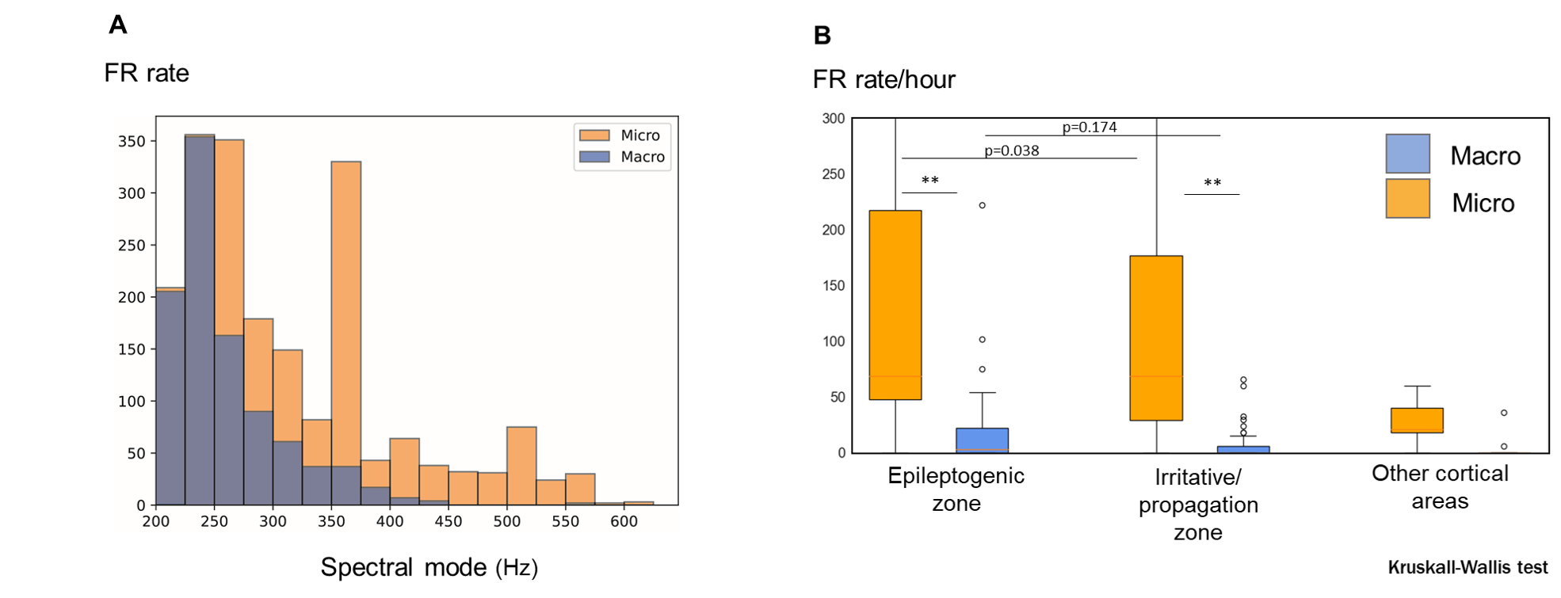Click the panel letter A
point(117,25)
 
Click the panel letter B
point(822,36)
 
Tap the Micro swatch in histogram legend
point(594,135)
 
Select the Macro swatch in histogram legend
point(594,157)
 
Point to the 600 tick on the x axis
point(624,521)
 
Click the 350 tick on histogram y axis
point(132,141)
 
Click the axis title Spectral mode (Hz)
point(429,567)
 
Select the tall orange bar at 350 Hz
point(346,317)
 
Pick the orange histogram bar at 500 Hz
point(521,463)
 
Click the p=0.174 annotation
point(1089,127)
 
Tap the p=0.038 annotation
point(1011,150)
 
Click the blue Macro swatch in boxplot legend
point(1407,154)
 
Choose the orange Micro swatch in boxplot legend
point(1407,198)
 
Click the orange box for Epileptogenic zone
point(895,305)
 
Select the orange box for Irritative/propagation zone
point(1156,338)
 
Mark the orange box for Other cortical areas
point(1417,420)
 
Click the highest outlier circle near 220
point(982,205)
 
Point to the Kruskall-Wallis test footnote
point(1467,568)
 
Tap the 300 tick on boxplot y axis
point(834,119)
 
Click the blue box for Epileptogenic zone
point(982,440)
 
